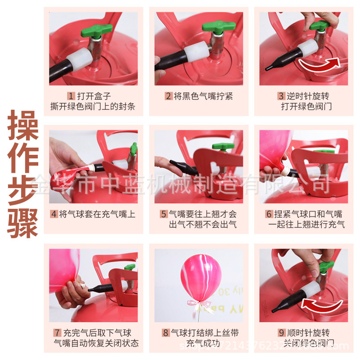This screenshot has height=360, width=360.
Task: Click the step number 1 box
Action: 71,96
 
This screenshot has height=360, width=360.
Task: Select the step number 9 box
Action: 281,333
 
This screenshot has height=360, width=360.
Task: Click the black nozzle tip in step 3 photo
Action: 269,67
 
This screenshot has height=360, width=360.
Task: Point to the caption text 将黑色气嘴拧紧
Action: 203,96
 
